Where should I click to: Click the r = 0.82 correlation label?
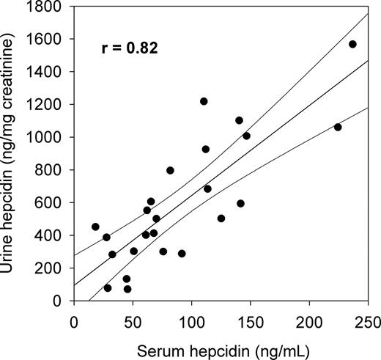[129, 49]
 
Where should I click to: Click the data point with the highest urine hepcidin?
[352, 44]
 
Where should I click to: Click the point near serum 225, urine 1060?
[338, 127]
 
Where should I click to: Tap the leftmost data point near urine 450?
[95, 227]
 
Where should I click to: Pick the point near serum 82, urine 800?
[170, 170]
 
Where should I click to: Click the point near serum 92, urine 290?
[182, 254]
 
